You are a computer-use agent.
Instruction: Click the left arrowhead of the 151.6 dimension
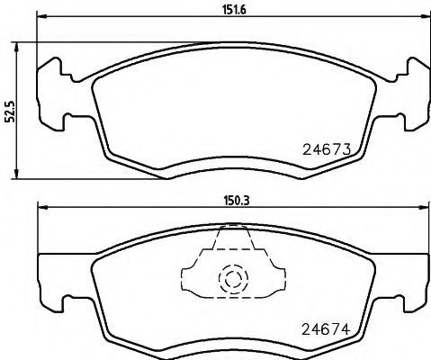(40, 22)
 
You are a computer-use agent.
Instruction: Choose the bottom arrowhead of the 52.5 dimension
(20, 174)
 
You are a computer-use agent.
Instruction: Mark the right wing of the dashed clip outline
(274, 274)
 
